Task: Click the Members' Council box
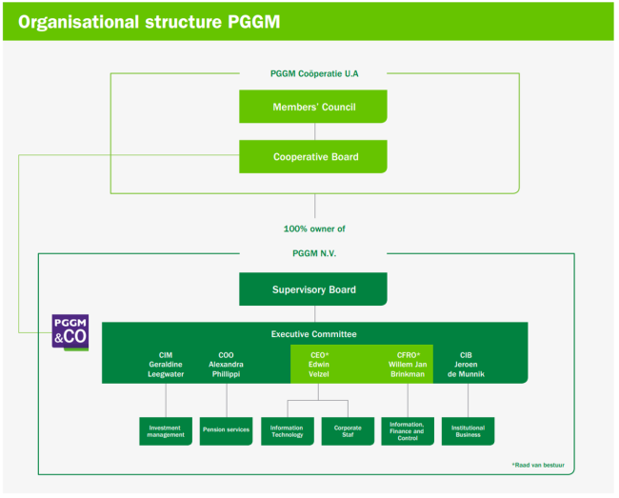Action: point(313,107)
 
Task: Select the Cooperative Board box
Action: point(313,157)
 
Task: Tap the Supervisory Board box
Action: point(313,289)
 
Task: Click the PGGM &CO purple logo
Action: point(70,332)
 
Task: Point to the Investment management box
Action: point(166,431)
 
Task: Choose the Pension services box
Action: point(227,431)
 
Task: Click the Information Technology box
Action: point(288,431)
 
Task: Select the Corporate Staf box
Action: point(348,431)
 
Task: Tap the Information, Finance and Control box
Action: point(408,431)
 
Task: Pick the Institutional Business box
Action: point(469,431)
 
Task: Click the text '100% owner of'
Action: point(314,229)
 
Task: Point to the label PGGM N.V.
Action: point(314,253)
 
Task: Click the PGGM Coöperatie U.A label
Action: point(314,73)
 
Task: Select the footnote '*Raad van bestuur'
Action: point(538,465)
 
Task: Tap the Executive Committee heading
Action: point(314,334)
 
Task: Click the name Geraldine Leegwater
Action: point(166,369)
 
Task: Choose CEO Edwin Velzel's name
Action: point(319,369)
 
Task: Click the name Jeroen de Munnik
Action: point(467,369)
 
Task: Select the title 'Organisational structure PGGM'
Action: point(150,22)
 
